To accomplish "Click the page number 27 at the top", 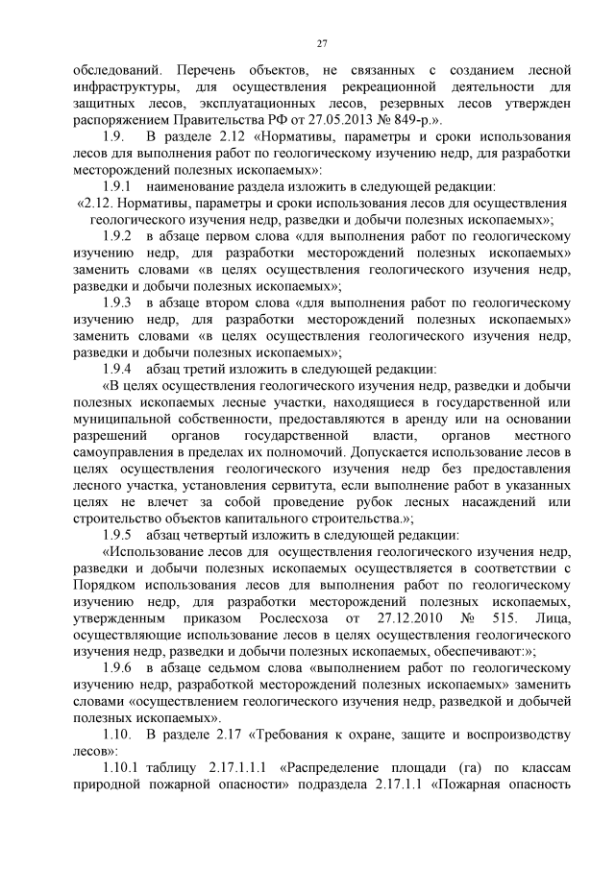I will coord(322,42).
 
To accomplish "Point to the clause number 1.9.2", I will coord(119,235).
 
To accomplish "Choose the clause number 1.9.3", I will coord(119,302).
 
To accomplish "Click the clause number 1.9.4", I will coord(119,368).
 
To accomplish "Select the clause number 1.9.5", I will coord(119,534).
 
